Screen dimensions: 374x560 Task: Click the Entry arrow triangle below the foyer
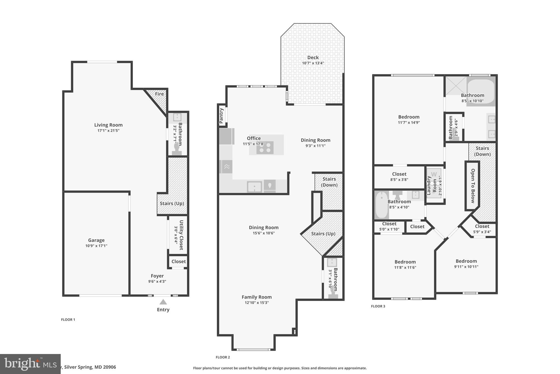click(x=163, y=302)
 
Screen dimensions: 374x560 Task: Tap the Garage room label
click(x=96, y=240)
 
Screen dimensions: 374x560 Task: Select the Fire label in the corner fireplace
click(x=159, y=94)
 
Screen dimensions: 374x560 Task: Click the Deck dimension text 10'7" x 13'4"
click(x=313, y=63)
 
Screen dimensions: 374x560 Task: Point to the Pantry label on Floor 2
click(x=221, y=116)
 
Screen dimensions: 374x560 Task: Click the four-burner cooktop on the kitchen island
click(x=265, y=148)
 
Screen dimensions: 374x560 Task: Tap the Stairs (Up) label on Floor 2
click(x=323, y=234)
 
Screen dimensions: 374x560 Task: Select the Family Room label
click(x=256, y=297)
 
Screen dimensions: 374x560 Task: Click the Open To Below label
click(x=472, y=186)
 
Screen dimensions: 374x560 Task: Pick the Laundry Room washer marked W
click(x=434, y=174)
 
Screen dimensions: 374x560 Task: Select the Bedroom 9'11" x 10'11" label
click(x=466, y=261)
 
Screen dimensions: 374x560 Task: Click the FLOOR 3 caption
click(x=378, y=306)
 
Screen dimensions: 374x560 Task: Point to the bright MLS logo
click(x=30, y=364)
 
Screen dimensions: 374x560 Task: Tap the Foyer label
click(x=157, y=276)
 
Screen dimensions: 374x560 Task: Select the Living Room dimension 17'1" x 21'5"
click(x=108, y=131)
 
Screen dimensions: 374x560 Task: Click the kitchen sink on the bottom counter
click(x=254, y=187)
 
